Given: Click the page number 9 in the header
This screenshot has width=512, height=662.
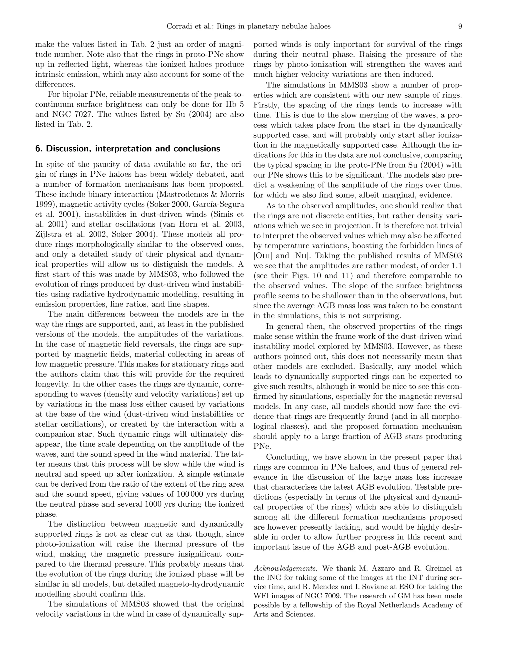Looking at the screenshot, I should [x=460, y=27].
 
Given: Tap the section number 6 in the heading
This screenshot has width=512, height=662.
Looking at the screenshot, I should [x=38, y=149].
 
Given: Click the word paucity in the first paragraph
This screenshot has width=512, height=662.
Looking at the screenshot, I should [x=105, y=165].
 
